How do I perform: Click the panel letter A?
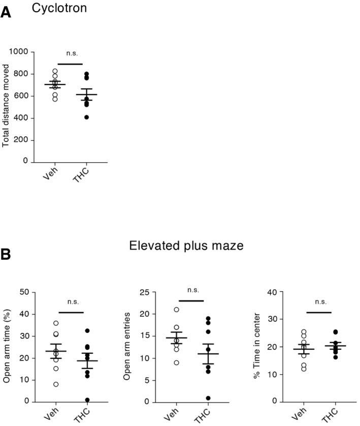[6, 12]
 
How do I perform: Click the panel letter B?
[6, 253]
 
